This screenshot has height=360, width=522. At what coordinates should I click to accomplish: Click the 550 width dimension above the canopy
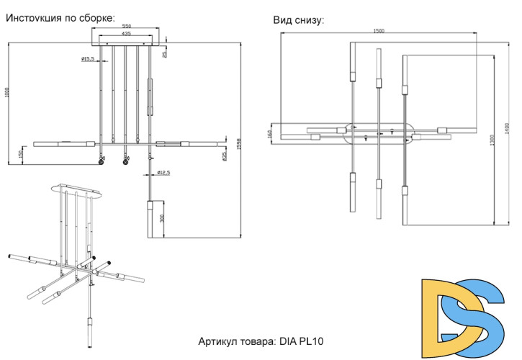pos(126,26)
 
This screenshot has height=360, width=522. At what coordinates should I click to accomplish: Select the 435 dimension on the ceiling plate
pos(126,34)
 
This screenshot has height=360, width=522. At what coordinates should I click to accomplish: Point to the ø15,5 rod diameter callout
pos(89,58)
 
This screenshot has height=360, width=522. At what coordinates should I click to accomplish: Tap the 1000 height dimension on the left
pos(6,93)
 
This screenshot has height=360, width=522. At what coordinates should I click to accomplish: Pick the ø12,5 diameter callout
pos(163,173)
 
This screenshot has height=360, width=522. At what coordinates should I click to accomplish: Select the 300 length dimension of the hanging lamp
pos(163,219)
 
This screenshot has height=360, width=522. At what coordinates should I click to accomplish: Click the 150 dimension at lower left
pos(20,154)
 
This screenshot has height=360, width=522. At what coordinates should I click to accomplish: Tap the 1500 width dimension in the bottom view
pos(379,30)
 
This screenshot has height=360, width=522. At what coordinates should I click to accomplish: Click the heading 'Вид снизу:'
pos(298,20)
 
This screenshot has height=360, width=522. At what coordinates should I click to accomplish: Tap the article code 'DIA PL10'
pos(305,341)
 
